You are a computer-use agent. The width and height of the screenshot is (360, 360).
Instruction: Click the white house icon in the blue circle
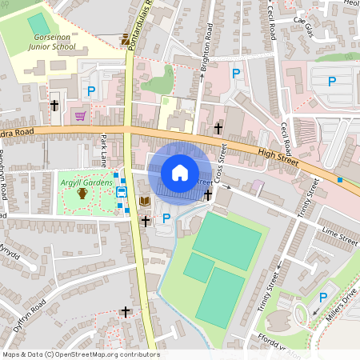pyautogui.click(x=180, y=173)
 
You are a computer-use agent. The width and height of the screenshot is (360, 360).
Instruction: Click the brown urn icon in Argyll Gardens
pyautogui.click(x=82, y=194)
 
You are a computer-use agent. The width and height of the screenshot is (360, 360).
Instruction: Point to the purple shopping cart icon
pyautogui.click(x=80, y=115)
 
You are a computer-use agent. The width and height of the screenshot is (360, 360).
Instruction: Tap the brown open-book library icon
pyautogui.click(x=145, y=201)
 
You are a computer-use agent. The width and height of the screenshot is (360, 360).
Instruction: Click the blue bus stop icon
pyautogui.click(x=122, y=192)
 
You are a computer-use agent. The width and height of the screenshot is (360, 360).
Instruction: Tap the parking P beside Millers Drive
pyautogui.click(x=323, y=298)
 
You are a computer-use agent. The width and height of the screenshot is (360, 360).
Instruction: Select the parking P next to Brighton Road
pyautogui.click(x=235, y=74)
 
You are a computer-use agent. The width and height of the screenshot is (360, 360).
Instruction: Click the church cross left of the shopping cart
pyautogui.click(x=54, y=106)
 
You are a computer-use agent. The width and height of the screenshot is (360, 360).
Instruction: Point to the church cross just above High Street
pyautogui.click(x=218, y=128)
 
